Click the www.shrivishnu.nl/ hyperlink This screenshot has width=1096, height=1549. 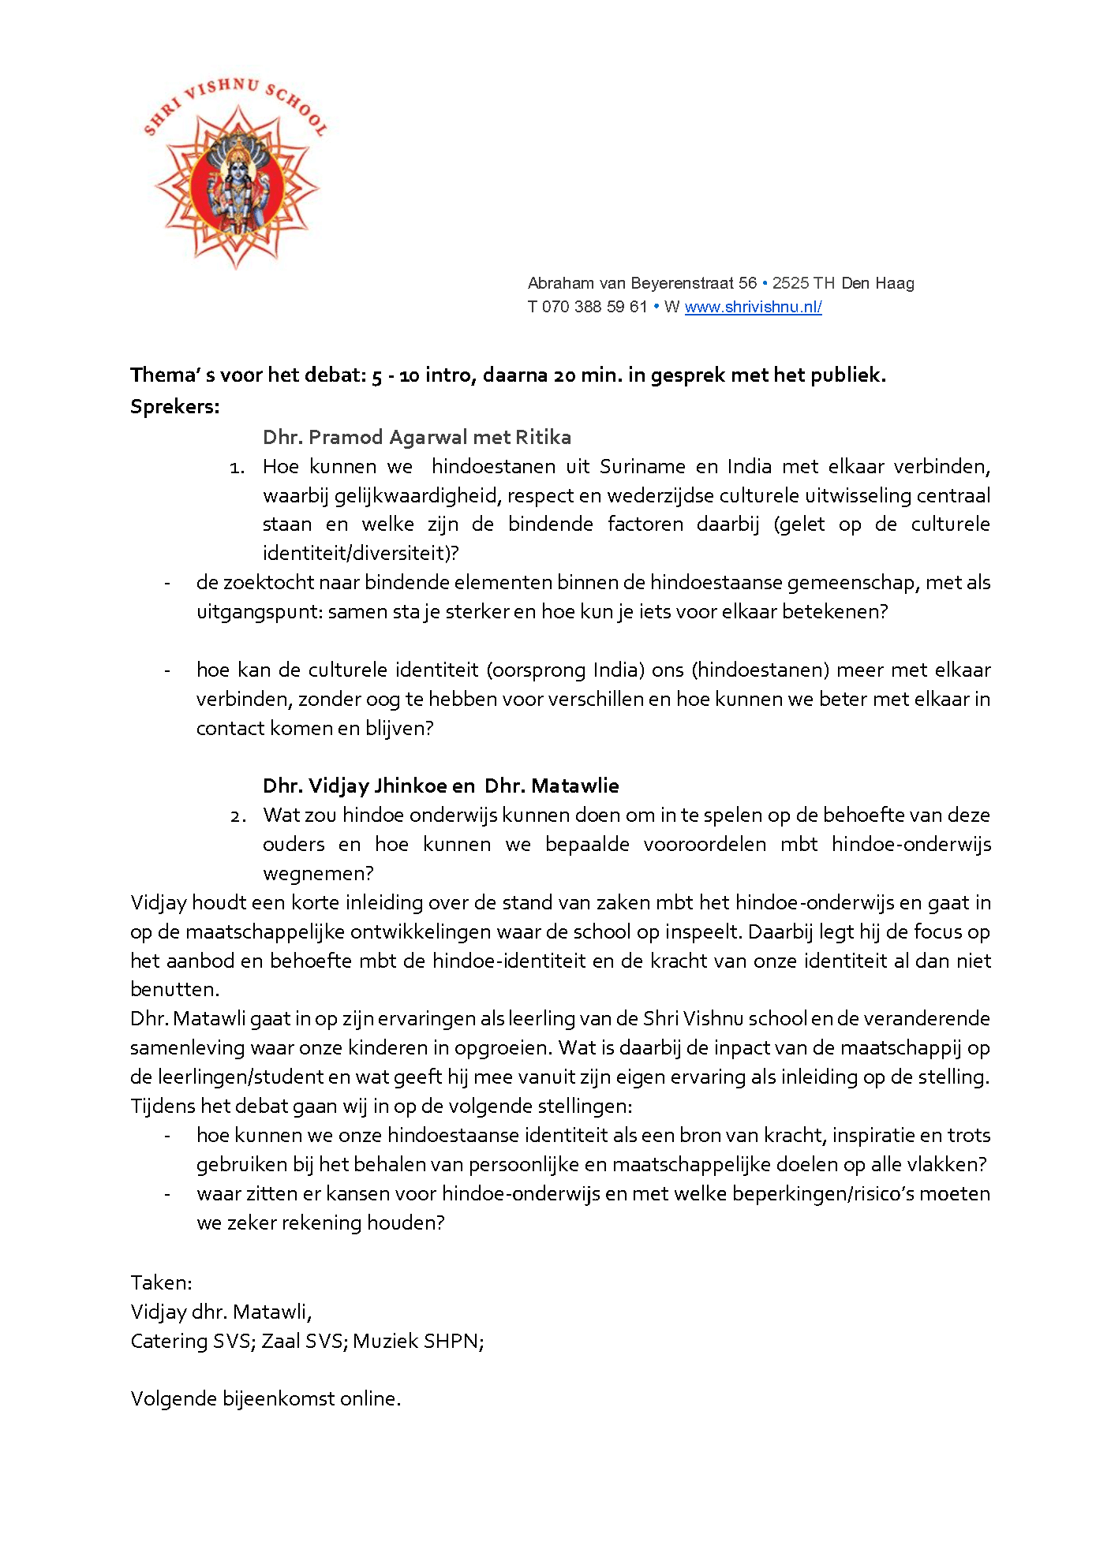coord(753,307)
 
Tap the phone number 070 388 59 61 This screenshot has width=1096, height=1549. coord(594,307)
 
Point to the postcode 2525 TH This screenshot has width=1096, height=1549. coord(803,283)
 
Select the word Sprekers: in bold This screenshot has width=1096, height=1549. coord(175,407)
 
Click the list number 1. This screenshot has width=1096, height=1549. coord(237,468)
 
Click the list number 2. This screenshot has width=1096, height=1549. coord(238,816)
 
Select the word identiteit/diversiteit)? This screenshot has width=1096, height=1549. coord(361,553)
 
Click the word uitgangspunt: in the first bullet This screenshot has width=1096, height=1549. coord(259,611)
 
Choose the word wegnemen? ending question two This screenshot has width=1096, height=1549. coord(318,873)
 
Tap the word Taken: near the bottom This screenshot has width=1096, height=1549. coord(161,1282)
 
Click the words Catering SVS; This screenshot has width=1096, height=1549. coord(193,1341)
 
